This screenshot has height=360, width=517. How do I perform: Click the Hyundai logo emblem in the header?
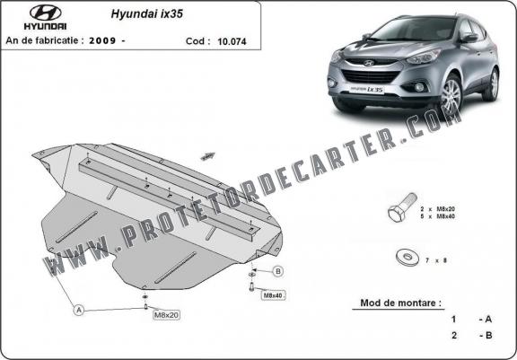tap(46, 13)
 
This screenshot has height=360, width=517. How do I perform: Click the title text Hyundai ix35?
tap(146, 13)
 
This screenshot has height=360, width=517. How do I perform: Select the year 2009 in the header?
tap(102, 40)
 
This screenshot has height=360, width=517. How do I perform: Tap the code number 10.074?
tap(232, 41)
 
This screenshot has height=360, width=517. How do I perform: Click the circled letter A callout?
tap(78, 310)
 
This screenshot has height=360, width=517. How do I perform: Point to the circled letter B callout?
tap(278, 271)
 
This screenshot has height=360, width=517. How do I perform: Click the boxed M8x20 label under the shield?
tap(167, 315)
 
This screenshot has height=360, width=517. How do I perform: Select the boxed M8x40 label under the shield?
tap(274, 295)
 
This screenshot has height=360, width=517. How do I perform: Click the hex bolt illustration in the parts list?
tap(402, 207)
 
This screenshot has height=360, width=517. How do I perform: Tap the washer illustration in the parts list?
tap(407, 257)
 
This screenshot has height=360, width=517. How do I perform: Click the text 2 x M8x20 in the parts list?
tap(437, 209)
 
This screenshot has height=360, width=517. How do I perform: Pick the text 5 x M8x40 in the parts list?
tap(437, 216)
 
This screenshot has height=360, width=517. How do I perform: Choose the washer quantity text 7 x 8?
tap(436, 260)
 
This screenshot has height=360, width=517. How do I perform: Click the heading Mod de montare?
tap(400, 303)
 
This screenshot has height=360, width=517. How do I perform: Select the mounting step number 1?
tap(453, 319)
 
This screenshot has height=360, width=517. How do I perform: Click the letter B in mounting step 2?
tap(489, 336)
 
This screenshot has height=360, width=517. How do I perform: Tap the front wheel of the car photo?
tap(450, 94)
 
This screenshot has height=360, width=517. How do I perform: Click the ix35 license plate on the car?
tap(366, 90)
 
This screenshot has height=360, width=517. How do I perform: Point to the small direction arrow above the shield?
tap(207, 156)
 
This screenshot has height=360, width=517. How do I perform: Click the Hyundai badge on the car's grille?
tap(369, 63)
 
